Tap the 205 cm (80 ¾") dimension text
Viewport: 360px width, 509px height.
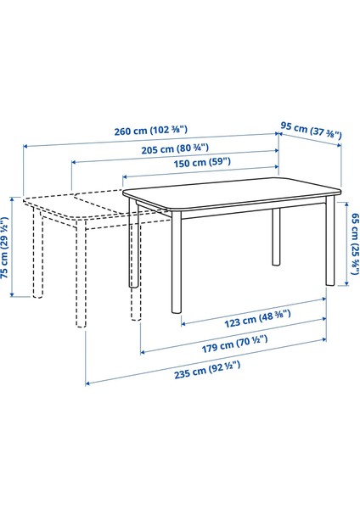(x=177, y=147)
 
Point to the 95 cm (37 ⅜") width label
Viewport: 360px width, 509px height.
(x=312, y=131)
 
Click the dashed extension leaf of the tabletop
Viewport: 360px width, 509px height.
(x=81, y=208)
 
